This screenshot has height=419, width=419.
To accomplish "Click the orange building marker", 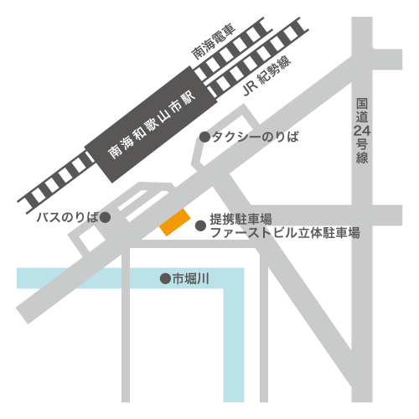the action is [x=175, y=222].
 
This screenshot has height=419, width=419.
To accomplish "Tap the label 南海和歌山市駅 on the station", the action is [x=152, y=125].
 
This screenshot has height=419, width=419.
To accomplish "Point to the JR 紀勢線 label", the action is [x=266, y=75].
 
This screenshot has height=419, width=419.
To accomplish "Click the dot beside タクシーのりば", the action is [x=204, y=137].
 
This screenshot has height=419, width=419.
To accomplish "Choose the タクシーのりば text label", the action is [x=256, y=137].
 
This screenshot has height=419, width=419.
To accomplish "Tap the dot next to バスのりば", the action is [x=106, y=217].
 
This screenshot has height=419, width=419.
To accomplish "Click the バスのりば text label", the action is [x=68, y=217].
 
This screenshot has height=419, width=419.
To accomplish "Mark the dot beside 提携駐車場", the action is [x=200, y=225].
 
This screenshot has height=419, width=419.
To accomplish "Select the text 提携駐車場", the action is [x=241, y=219].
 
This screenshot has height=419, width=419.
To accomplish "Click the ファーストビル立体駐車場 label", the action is [x=285, y=233].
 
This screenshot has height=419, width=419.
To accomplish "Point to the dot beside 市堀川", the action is [x=165, y=278].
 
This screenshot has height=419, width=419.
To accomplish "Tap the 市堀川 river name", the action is [x=190, y=279].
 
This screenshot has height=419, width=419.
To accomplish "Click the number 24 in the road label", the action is [x=362, y=131].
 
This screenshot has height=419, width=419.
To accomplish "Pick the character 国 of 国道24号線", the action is [x=362, y=104].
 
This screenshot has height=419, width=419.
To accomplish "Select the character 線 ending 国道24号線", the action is [x=362, y=158].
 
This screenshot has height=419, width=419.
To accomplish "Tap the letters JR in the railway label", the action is [x=250, y=88].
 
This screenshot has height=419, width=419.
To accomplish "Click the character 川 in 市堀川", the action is [x=204, y=279].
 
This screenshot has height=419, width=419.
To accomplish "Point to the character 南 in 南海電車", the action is [x=198, y=52].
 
